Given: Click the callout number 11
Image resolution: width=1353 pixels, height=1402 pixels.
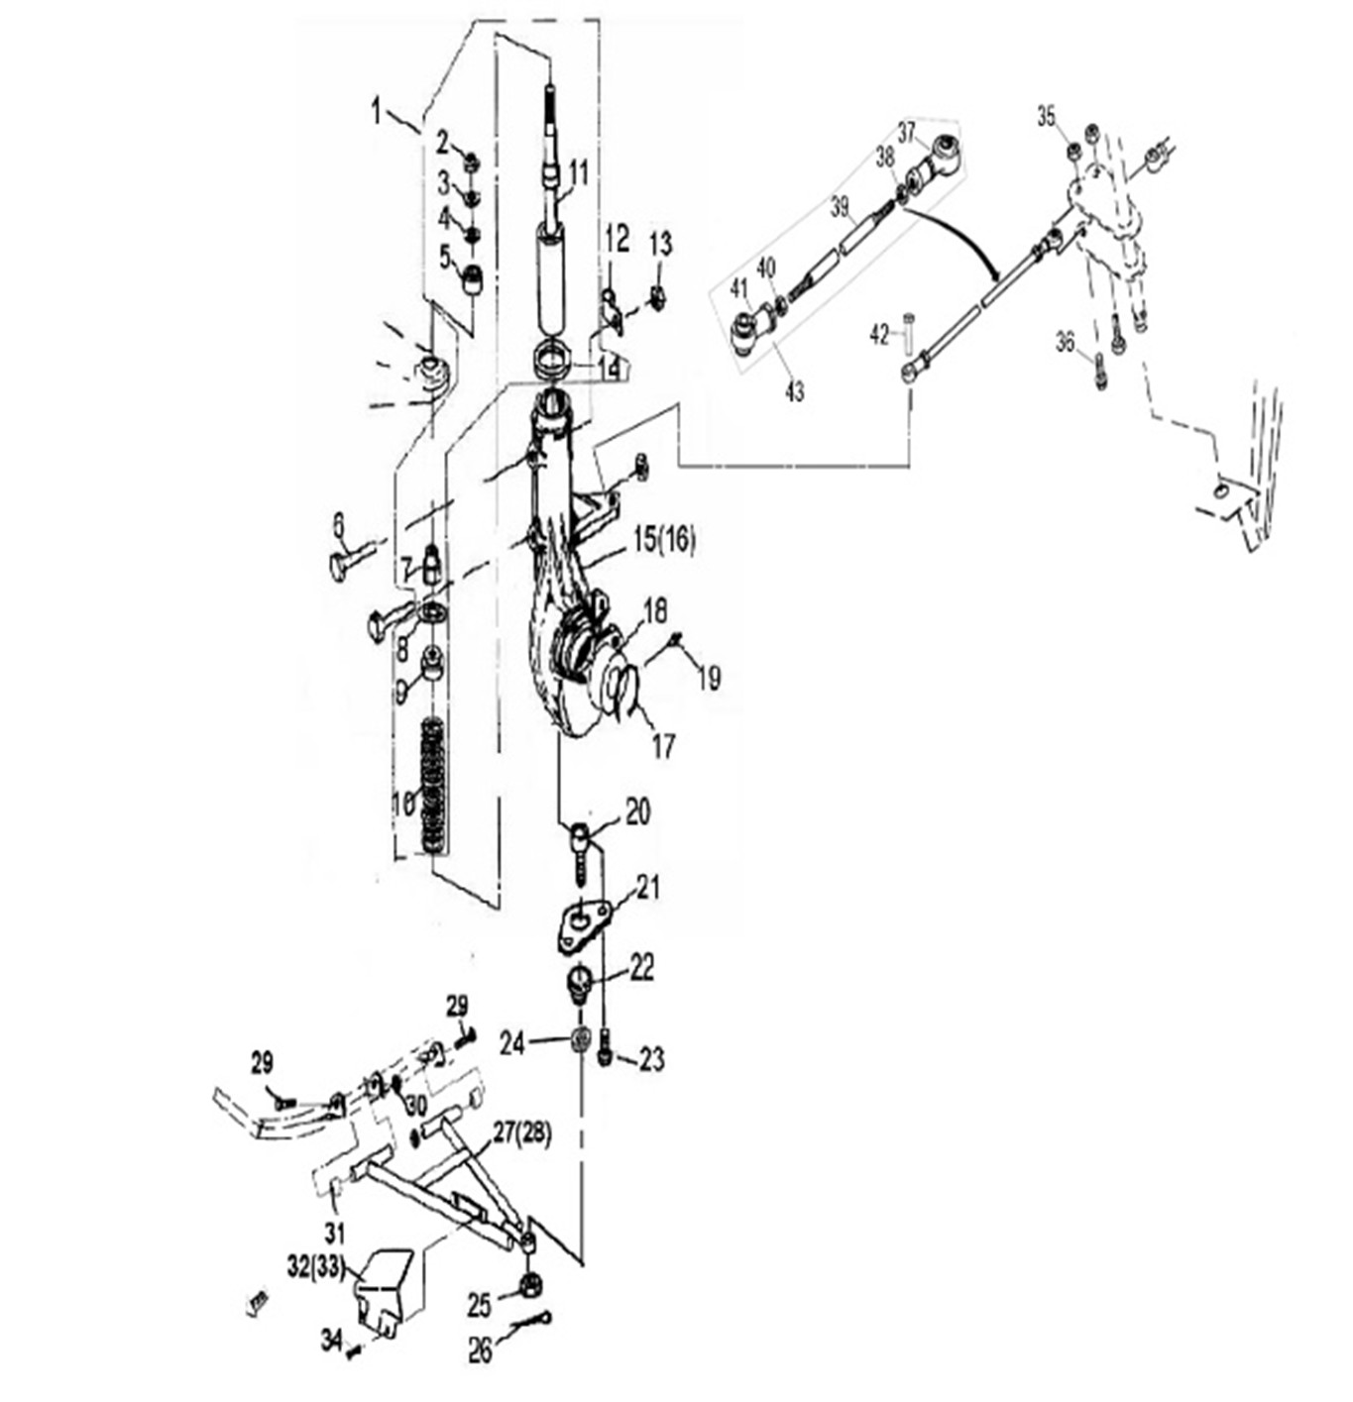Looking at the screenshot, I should [x=579, y=174].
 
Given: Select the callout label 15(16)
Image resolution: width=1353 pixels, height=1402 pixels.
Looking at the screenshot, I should [x=663, y=541].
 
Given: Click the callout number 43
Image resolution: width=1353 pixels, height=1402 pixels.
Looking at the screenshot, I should [x=795, y=391].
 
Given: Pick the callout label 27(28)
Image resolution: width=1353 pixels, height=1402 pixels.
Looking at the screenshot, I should [x=522, y=1134].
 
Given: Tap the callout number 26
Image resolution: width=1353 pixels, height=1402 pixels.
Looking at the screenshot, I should [x=481, y=1351].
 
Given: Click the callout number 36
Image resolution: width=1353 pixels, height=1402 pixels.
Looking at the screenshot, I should [x=1065, y=343].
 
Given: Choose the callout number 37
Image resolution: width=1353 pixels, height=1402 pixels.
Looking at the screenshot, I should [x=907, y=132].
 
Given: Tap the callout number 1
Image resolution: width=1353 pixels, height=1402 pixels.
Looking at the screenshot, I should [x=376, y=111].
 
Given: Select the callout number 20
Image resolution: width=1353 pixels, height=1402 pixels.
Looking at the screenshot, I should [x=637, y=812].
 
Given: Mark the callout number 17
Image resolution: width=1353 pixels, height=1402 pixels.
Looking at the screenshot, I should [x=662, y=745].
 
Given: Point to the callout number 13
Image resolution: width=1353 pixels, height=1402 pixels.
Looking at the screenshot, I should [x=660, y=243].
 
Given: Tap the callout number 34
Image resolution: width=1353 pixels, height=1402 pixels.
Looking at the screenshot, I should [x=331, y=1341].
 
